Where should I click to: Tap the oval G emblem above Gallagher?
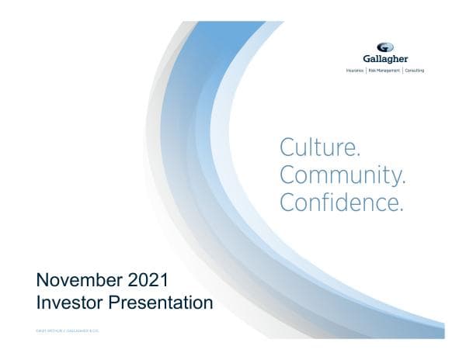[385, 47]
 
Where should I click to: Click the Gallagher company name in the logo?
[385, 59]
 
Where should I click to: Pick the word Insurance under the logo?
[356, 71]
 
